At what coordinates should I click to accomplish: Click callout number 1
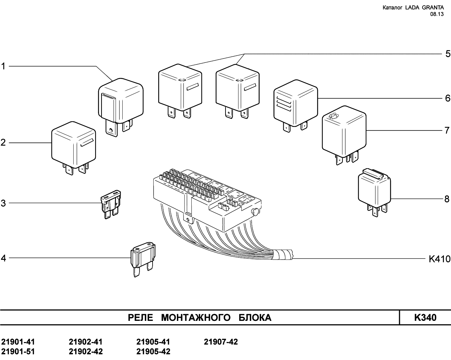(x=4, y=66)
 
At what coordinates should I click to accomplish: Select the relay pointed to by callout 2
(x=74, y=145)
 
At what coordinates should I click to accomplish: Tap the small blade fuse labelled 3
(x=111, y=205)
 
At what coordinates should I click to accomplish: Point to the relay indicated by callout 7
(x=344, y=132)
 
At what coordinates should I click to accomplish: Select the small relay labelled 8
(x=374, y=190)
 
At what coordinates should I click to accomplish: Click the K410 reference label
(x=439, y=259)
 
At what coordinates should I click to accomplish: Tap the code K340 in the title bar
(x=425, y=318)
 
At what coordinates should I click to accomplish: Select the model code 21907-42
(x=221, y=342)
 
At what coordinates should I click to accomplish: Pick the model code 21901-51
(x=18, y=352)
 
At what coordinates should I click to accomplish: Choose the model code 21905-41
(x=153, y=342)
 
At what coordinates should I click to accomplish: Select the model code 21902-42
(x=86, y=352)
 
